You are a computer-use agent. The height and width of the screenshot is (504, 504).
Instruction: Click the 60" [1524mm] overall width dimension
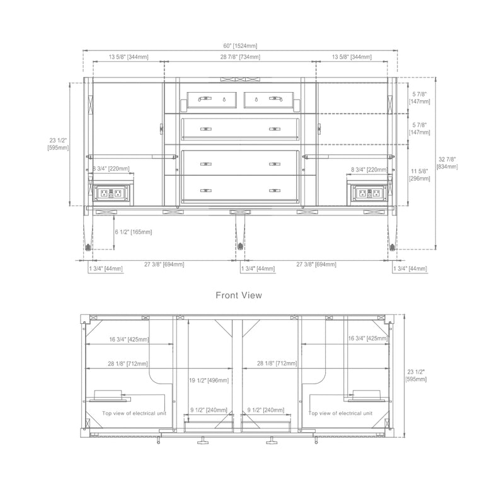239,46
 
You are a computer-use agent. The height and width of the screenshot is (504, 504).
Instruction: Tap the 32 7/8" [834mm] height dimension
447,163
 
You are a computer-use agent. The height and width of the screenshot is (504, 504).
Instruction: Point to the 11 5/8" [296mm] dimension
420,175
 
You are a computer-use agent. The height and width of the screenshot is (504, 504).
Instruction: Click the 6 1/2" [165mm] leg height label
134,232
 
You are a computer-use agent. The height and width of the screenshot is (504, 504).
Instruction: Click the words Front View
239,294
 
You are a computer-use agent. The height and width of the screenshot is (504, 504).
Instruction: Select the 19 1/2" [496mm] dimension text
209,381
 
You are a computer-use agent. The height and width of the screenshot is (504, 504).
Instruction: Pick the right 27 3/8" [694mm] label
316,265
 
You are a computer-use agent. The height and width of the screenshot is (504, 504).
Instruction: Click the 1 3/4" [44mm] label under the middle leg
258,269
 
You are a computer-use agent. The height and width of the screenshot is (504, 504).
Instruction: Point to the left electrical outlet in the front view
112,193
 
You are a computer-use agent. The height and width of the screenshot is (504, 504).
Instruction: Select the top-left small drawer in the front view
212,99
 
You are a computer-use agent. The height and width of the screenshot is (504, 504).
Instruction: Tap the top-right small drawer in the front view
269,99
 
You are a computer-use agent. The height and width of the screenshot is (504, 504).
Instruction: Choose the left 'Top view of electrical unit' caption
134,414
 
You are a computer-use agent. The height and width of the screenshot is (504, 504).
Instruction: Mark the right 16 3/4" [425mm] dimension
368,338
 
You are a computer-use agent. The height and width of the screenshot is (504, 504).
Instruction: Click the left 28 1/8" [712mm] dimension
128,364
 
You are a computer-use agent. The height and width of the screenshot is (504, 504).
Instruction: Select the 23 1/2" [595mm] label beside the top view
416,375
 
